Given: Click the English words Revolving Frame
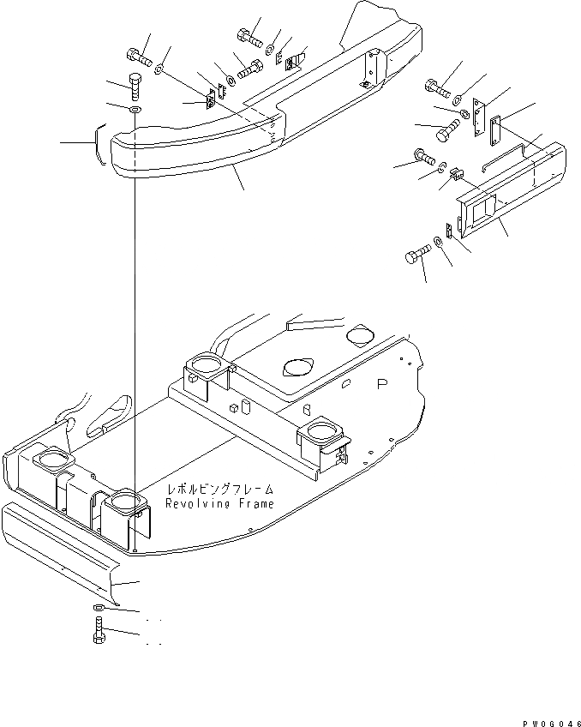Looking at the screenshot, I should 220,504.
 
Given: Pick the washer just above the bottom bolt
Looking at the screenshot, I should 98,609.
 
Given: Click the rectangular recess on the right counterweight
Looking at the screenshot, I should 482,208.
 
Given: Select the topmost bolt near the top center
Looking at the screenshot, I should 246,37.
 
